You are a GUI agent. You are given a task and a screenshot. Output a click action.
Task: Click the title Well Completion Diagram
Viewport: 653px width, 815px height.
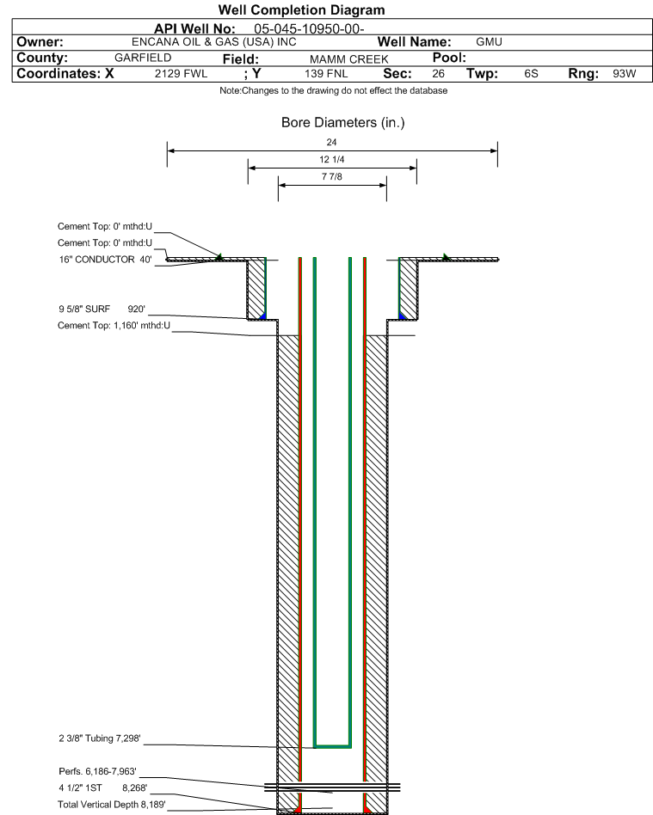tap(301, 9)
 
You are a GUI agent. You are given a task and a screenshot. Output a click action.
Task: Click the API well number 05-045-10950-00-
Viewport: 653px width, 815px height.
tap(309, 28)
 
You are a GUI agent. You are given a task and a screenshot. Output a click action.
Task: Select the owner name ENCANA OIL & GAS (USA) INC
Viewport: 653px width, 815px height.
tap(214, 42)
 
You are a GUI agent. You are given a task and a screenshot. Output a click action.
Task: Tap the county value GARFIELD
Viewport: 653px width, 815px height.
tap(143, 58)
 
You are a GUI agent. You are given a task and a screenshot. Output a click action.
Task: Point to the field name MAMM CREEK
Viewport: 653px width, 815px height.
tap(348, 59)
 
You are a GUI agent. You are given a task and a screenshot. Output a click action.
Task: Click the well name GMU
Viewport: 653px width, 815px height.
tap(489, 42)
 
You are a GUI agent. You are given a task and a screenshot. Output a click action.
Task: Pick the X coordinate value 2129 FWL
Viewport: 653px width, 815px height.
tap(181, 74)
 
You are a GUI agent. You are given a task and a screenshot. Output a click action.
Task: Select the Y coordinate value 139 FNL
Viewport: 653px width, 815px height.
tap(326, 74)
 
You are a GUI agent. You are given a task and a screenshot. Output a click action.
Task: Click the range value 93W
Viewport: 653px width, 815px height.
tap(625, 74)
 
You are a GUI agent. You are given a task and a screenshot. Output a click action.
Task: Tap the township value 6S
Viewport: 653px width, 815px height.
tap(531, 74)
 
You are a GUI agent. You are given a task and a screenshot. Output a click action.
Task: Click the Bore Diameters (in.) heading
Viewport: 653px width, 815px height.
tap(343, 123)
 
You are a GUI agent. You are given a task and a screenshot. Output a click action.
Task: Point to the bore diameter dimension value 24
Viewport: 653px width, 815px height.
tap(331, 142)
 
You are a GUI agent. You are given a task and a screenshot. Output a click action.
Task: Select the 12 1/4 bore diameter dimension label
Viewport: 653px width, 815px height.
tap(332, 159)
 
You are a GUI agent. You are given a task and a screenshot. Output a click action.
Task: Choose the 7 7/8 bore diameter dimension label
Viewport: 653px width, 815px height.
tap(332, 177)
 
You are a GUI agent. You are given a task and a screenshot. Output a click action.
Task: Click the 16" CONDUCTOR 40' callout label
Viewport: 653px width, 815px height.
tap(105, 260)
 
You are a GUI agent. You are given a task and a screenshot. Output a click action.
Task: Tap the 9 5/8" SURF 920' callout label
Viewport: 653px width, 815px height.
tap(102, 309)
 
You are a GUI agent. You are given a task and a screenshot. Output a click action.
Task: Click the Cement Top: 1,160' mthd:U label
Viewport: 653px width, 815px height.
tap(114, 325)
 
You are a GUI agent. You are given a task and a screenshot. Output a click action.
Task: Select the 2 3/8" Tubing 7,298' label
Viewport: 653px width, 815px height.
tap(100, 738)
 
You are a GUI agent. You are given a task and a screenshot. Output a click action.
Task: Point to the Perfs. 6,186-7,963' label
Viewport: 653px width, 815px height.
tap(98, 771)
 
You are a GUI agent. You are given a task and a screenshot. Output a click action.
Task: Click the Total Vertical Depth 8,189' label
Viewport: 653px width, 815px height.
tap(112, 805)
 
